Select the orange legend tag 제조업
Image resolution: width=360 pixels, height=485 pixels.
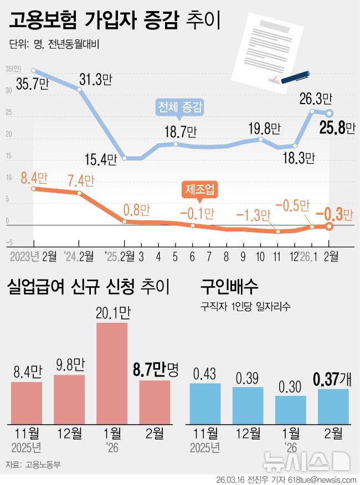pos(199,190)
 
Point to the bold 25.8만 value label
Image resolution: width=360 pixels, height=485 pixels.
pos(338,128)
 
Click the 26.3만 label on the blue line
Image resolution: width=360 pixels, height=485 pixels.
pos(315,100)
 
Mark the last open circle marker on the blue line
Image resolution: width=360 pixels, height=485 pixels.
pos(329,113)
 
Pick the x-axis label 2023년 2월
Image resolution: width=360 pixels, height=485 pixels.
pos(33,256)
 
